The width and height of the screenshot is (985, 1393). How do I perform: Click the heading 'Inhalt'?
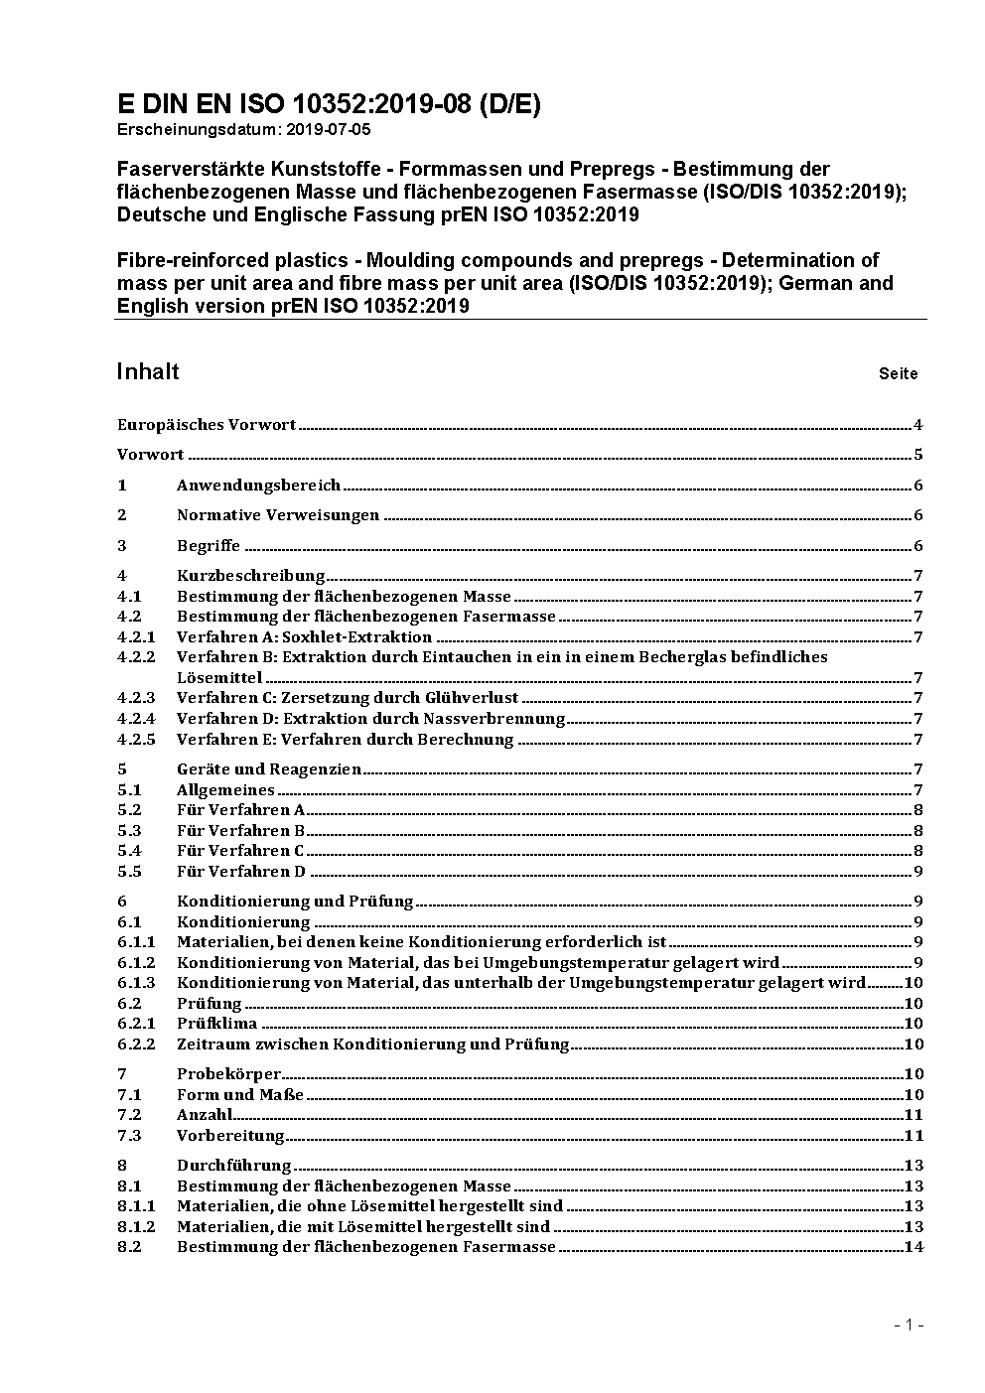pyautogui.click(x=148, y=372)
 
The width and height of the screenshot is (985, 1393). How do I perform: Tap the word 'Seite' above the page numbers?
pyautogui.click(x=898, y=374)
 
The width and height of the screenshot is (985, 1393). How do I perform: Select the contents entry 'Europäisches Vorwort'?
pyautogui.click(x=207, y=425)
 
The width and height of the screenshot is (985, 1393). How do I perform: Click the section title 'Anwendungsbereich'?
pyautogui.click(x=258, y=486)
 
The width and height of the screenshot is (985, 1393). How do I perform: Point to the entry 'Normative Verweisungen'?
pyautogui.click(x=278, y=515)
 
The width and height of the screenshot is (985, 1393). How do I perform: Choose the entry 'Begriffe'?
pyautogui.click(x=209, y=546)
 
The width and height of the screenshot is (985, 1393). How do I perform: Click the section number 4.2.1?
pyautogui.click(x=136, y=637)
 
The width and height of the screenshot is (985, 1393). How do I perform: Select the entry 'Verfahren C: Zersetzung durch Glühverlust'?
pyautogui.click(x=348, y=698)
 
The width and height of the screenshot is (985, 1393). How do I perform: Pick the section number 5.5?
pyautogui.click(x=129, y=872)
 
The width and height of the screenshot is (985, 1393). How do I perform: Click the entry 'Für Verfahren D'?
pyautogui.click(x=241, y=872)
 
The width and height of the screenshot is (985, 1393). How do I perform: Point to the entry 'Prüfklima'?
pyautogui.click(x=216, y=1024)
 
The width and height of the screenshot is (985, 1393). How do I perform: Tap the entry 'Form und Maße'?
pyautogui.click(x=240, y=1095)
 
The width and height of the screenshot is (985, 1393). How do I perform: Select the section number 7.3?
pyautogui.click(x=129, y=1136)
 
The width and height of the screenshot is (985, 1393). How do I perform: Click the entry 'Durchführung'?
pyautogui.click(x=234, y=1166)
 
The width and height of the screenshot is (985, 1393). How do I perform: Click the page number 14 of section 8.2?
pyautogui.click(x=915, y=1247)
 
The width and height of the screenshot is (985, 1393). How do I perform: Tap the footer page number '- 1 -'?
pyautogui.click(x=909, y=1324)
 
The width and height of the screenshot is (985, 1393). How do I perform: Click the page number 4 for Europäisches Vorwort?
pyautogui.click(x=918, y=425)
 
